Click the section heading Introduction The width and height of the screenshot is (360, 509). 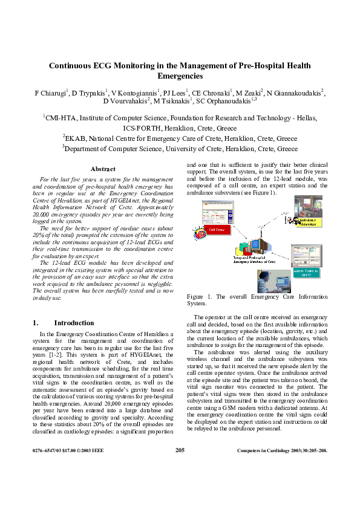click(74, 323)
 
